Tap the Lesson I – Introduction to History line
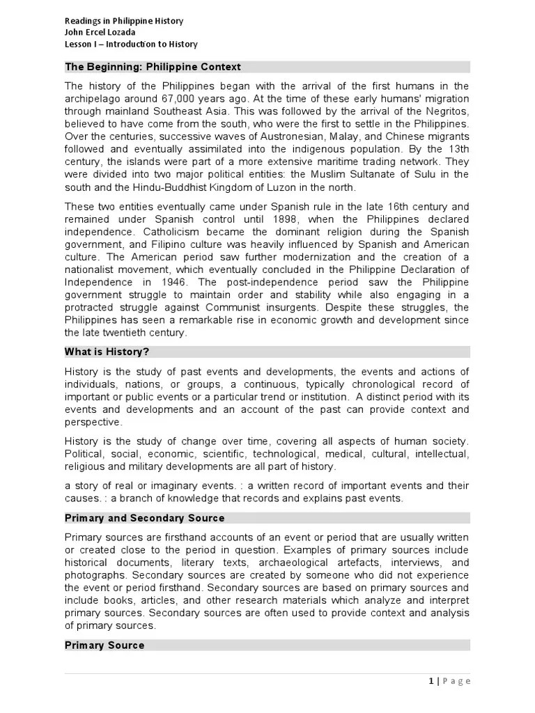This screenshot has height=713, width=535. [131, 44]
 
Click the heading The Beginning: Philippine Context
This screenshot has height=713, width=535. [153, 67]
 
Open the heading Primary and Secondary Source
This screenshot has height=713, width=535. [144, 518]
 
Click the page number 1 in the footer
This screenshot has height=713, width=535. [431, 680]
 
